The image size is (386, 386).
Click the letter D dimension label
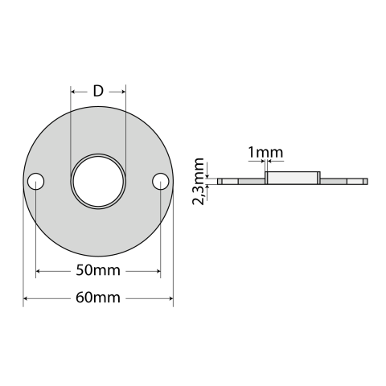(98, 91)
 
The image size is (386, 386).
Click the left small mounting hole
(35, 182)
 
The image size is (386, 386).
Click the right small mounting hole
(160, 181)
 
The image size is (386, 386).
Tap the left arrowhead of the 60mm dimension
(27, 298)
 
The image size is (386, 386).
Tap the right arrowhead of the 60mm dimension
(170, 298)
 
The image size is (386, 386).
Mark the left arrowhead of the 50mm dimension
(39, 270)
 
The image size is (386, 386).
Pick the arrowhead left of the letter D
(75, 92)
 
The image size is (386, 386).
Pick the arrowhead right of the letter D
(121, 92)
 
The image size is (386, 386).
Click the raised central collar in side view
(293, 178)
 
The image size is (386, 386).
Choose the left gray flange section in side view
(252, 182)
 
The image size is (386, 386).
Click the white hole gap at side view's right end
(356, 182)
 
